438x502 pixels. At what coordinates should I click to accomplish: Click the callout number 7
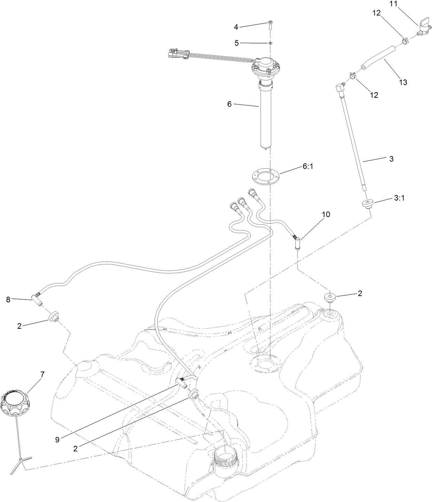pos(42,374)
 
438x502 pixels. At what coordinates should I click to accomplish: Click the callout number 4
pos(236,26)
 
